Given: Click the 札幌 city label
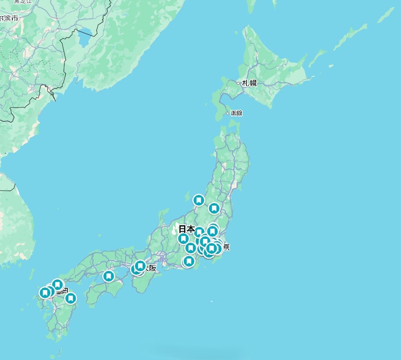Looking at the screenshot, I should coord(250,83).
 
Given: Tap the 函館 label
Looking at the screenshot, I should coord(236,113).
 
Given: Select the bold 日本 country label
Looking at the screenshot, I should coord(187,229).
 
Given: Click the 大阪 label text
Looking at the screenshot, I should coord(150,269).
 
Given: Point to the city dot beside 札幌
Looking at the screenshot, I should coord(238,83).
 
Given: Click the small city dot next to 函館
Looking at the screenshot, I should coord(228,113).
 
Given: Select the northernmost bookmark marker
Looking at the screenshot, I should coord(199,200).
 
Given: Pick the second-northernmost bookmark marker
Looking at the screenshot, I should coord(214,208).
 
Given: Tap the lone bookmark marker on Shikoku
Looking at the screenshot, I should coord(109,276).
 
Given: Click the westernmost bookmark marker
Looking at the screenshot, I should coord(45,293).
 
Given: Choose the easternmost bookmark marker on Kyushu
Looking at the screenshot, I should coord(71,298).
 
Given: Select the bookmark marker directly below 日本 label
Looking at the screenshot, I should coord(183,239).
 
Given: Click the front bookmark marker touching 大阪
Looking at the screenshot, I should coord(140,266).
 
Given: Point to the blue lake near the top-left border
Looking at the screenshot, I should coord(84,38).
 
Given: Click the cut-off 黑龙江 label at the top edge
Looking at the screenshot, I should coord(22,2).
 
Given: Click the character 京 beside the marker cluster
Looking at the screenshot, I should coord(226,247).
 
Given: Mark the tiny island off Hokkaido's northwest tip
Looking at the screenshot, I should coord(237,32).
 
